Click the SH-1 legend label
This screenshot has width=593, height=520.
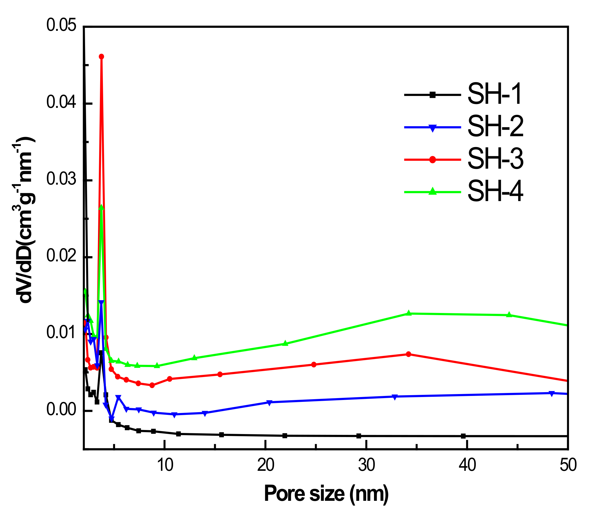coord(495,94)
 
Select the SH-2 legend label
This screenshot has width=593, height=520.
coord(495,126)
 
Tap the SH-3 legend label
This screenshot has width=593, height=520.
coord(495,159)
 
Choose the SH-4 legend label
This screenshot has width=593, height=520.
coord(495,191)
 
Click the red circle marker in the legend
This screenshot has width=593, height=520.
coord(432,159)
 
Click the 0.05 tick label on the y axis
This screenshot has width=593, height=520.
coord(61,25)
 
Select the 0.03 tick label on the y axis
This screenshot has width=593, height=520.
coord(61,180)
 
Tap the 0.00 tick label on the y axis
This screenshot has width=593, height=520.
coord(61,410)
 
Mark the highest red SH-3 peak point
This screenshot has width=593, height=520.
coord(102,56)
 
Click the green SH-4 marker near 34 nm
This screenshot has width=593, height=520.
coord(409,313)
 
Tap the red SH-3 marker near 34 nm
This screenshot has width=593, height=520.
coord(409,354)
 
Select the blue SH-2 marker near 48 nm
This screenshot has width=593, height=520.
coord(551,394)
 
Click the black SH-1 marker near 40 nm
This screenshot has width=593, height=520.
coord(463,436)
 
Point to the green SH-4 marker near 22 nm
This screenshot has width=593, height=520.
coord(285,344)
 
